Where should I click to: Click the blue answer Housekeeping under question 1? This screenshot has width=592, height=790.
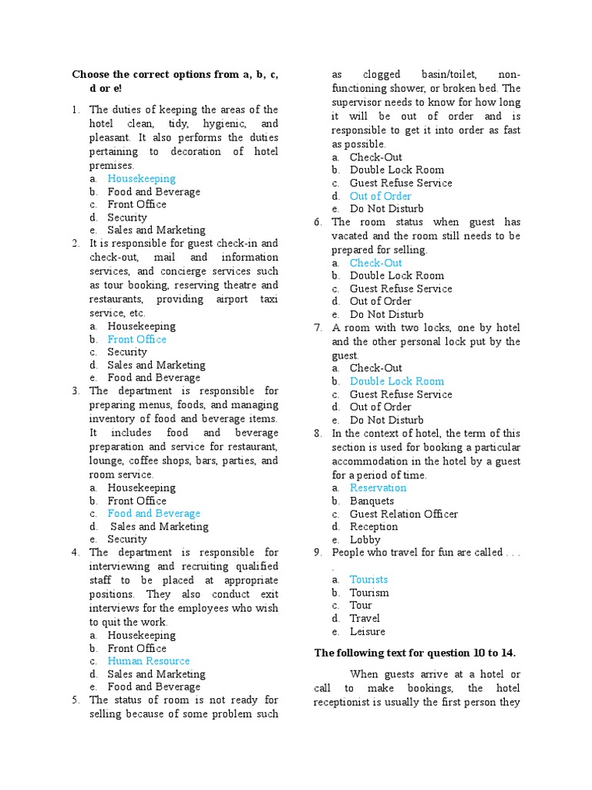[x=141, y=179]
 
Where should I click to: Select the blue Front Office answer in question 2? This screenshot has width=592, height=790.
[x=136, y=339]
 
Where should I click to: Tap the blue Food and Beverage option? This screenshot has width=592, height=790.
[x=153, y=514]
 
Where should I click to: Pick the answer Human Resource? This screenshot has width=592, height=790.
[x=148, y=661]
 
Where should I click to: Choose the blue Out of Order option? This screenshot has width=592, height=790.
[x=380, y=196]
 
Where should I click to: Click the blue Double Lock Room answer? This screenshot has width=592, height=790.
[x=396, y=381]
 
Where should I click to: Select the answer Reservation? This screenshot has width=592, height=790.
[x=378, y=488]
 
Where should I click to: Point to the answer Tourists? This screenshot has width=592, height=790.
[x=368, y=579]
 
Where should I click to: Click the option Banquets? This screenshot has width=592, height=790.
[x=372, y=501]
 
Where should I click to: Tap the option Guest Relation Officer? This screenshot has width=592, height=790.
[x=403, y=514]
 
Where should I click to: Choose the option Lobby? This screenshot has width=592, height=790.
[x=365, y=540]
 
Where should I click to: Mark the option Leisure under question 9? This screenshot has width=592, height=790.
[x=367, y=631]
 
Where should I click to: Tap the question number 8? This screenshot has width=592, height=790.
[x=318, y=434]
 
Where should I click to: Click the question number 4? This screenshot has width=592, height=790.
[x=76, y=552]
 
